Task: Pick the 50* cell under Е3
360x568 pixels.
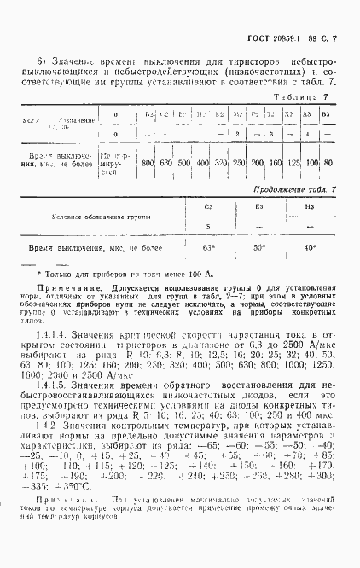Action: pos(259,247)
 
